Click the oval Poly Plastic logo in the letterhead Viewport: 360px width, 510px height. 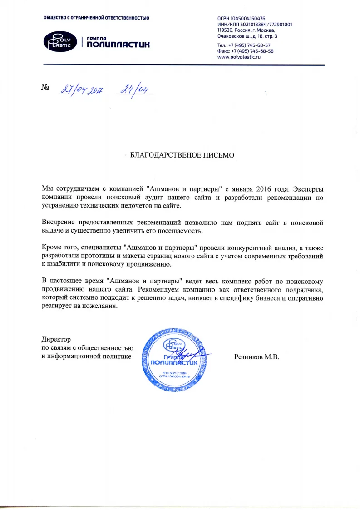pyautogui.click(x=60, y=41)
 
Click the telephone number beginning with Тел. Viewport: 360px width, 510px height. pyautogui.click(x=244, y=45)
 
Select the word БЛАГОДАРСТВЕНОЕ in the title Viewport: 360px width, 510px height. pyautogui.click(x=164, y=155)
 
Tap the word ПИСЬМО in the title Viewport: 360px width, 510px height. pyautogui.click(x=219, y=155)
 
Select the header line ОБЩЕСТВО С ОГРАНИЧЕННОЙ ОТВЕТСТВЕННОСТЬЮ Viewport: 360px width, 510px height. pyautogui.click(x=96, y=18)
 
